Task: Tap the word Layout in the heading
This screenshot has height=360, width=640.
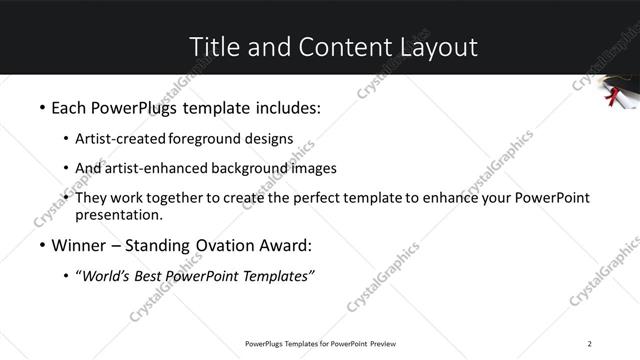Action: pyautogui.click(x=437, y=47)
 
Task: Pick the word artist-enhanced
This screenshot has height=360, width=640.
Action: pyautogui.click(x=155, y=168)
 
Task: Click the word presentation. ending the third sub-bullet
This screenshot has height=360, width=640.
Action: pyautogui.click(x=119, y=214)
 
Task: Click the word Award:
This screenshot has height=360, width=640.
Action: pyautogui.click(x=287, y=245)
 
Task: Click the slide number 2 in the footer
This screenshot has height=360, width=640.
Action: pyautogui.click(x=590, y=344)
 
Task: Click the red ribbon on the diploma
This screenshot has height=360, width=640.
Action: pyautogui.click(x=613, y=97)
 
